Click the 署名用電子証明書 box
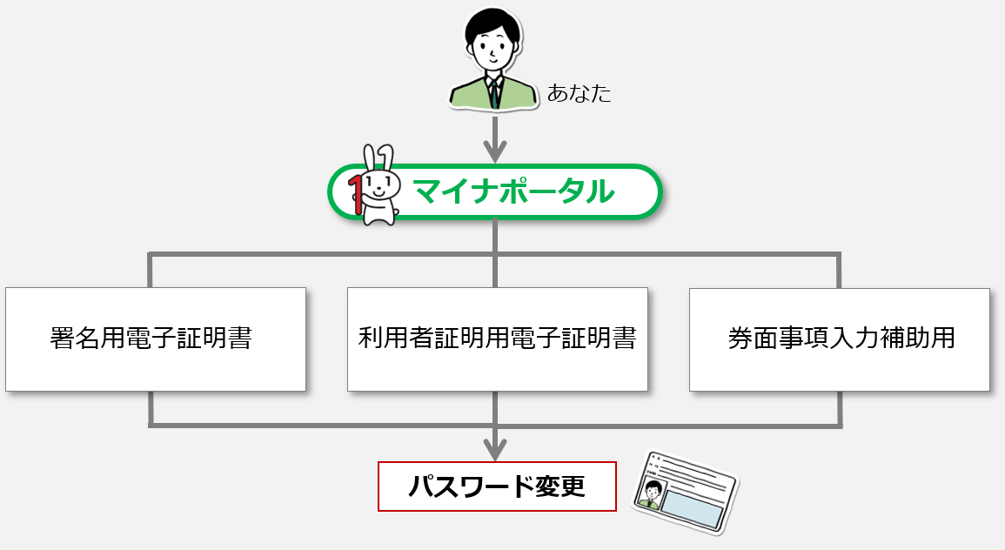(156, 339)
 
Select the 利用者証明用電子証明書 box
(498, 339)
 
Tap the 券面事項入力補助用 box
(840, 339)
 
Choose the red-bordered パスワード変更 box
(497, 486)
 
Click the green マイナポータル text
(513, 191)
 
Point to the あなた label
(579, 94)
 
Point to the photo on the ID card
(650, 494)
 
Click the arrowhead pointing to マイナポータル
(495, 152)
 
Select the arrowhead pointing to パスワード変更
(495, 450)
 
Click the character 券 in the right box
(740, 339)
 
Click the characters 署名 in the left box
(74, 338)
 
